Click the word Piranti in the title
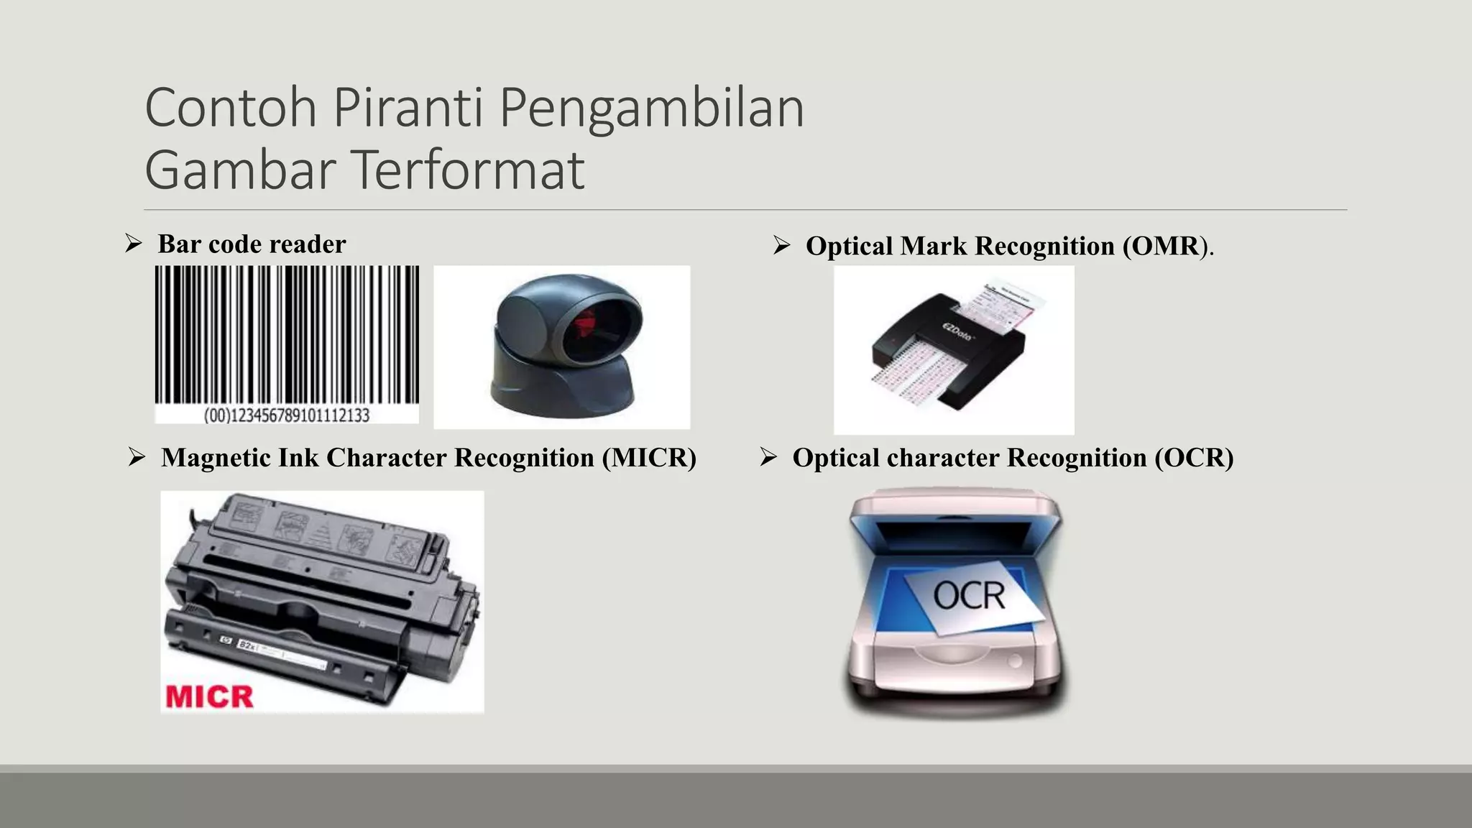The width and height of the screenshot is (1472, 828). click(408, 108)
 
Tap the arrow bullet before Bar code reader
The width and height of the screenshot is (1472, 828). click(133, 244)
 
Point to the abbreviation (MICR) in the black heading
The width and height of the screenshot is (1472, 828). click(649, 458)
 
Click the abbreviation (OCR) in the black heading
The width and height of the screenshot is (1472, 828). click(1194, 458)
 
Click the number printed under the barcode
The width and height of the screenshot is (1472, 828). click(286, 415)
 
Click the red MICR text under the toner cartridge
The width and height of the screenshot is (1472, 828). click(209, 696)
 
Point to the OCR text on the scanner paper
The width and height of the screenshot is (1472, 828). click(969, 596)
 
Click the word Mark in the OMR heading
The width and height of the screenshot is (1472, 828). click(934, 246)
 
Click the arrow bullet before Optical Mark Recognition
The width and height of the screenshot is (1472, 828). click(781, 246)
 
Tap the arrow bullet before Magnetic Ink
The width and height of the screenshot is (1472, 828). click(137, 457)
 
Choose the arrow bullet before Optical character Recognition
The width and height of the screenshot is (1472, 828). click(768, 457)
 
